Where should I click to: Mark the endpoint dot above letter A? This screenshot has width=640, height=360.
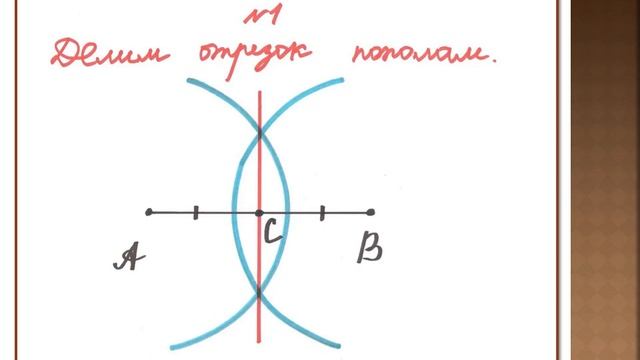[149, 212]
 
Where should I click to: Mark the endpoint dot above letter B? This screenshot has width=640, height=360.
[371, 212]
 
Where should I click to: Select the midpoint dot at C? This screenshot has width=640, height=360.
[259, 212]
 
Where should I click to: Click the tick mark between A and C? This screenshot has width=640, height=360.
[196, 212]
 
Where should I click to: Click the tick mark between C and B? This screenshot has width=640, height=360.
[322, 212]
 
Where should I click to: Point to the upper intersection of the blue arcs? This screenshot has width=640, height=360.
[259, 131]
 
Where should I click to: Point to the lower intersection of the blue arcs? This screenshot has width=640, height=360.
[259, 293]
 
